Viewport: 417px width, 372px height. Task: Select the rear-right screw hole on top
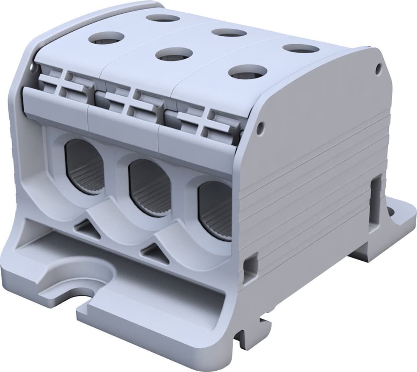[298, 48]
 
